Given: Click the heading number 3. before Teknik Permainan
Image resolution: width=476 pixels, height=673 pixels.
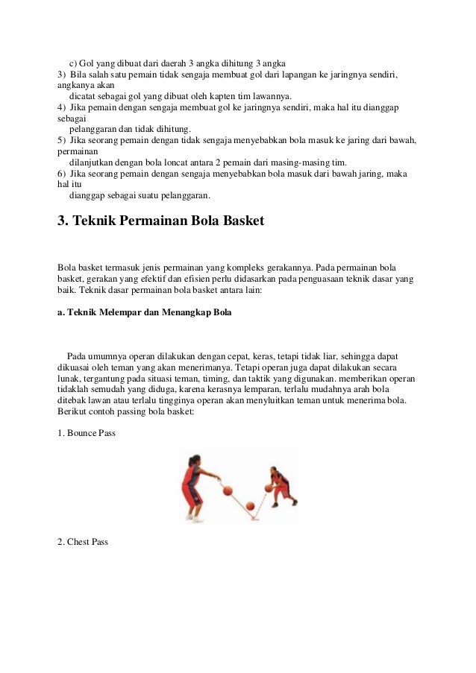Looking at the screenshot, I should click(x=63, y=221).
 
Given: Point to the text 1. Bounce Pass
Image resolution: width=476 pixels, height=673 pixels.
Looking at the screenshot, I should click(x=87, y=433).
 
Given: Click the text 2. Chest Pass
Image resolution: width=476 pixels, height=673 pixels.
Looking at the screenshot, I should click(x=83, y=542).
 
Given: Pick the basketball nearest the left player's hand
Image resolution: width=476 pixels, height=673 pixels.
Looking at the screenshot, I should click(x=228, y=490).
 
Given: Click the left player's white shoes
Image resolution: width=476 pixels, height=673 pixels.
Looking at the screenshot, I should click(x=195, y=518).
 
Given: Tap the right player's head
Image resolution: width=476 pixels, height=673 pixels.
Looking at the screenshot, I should click(x=274, y=471).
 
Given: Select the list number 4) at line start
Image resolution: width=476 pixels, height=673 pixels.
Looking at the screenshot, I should click(x=63, y=107).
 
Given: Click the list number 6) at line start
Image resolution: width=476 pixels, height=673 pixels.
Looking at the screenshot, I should click(x=63, y=174).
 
